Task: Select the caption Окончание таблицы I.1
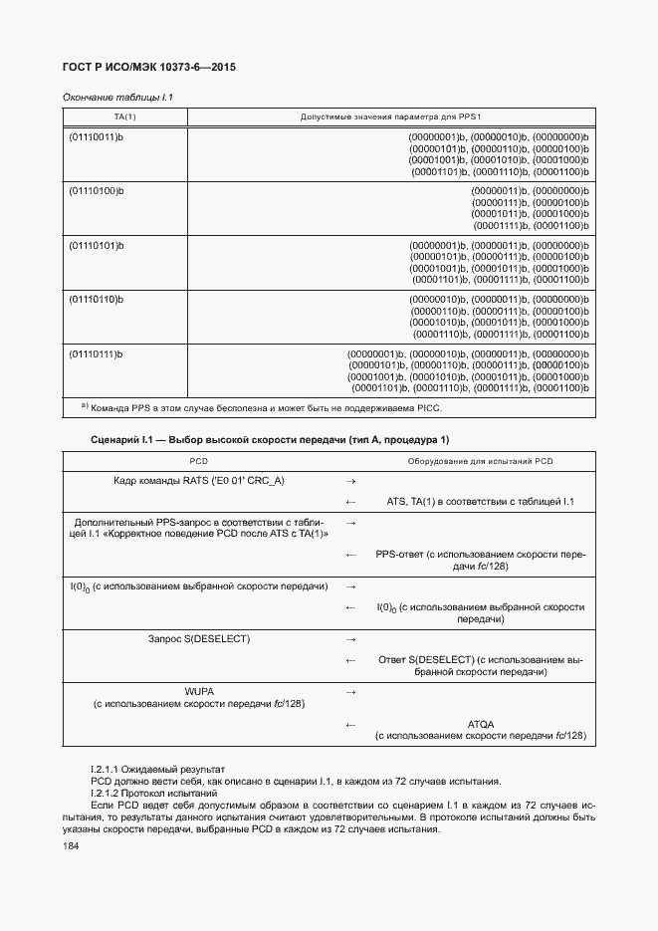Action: pos(117,98)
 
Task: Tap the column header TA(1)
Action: pos(124,117)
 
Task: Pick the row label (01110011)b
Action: pos(95,136)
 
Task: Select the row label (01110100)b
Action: pos(95,190)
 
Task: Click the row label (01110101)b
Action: pos(95,245)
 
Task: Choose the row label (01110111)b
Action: pos(95,354)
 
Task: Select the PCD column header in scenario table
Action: pos(199,461)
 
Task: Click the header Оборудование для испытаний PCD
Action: pos(480,461)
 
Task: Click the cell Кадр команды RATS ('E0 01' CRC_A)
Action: pos(199,481)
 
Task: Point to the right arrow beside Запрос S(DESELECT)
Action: pos(349,637)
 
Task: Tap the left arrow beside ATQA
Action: pos(349,724)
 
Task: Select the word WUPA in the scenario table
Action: pos(199,690)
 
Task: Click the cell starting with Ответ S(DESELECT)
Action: pos(480,665)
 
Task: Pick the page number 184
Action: pos(71,845)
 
